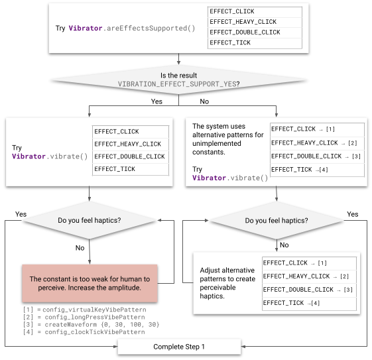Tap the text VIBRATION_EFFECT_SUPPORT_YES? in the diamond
(178, 84)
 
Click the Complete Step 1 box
(179, 347)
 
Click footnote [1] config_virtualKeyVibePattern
(84, 310)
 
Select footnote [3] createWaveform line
(91, 324)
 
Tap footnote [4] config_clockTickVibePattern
(84, 331)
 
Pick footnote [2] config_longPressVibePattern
(84, 317)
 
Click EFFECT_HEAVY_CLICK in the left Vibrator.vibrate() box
(128, 144)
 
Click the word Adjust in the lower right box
(212, 270)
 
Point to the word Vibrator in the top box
(84, 29)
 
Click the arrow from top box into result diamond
(178, 60)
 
